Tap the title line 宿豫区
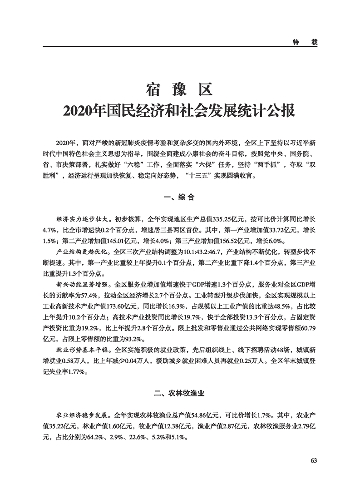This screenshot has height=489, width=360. (179, 89)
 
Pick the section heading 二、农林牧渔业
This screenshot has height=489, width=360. (179, 394)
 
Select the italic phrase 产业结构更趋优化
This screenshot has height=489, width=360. (76, 251)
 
